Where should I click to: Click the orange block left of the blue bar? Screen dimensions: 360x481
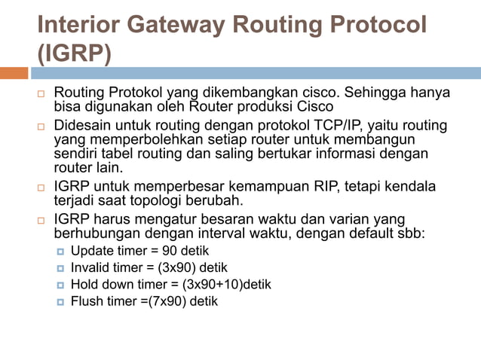[14, 73]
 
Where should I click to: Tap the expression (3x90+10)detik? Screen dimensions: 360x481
[227, 285]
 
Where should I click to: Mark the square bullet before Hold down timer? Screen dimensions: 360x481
[60, 285]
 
